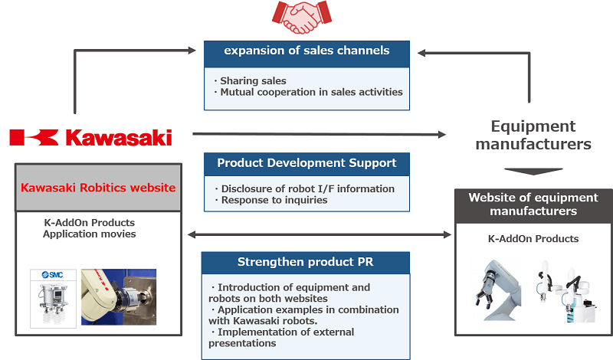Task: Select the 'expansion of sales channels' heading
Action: (x=306, y=51)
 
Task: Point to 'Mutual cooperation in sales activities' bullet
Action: (x=307, y=92)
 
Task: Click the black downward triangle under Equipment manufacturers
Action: (x=533, y=171)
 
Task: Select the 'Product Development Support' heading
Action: (x=306, y=163)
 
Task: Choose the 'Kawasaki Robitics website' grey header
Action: (x=98, y=188)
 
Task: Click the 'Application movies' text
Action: (x=90, y=234)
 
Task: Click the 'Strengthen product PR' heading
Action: (x=306, y=263)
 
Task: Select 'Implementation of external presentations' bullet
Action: (x=284, y=338)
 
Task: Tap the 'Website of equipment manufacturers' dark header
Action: (x=533, y=205)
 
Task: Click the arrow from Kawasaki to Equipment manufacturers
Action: (x=318, y=135)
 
